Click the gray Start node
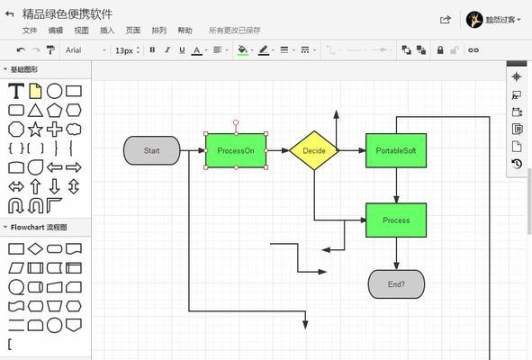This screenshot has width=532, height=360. (x=151, y=150)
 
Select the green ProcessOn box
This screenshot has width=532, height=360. (x=236, y=150)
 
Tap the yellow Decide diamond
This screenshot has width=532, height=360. (x=314, y=150)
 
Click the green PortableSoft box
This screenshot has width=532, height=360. (x=396, y=150)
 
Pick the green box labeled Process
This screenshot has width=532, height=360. (x=396, y=220)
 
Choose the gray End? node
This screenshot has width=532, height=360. (x=396, y=284)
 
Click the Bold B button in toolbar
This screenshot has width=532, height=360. (x=152, y=49)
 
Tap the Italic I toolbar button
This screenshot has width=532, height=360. (x=167, y=49)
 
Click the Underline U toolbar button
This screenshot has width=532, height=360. (x=182, y=50)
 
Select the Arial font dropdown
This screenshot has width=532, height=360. (x=86, y=50)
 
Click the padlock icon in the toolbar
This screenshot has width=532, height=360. (x=440, y=49)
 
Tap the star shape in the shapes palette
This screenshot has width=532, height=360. (x=35, y=130)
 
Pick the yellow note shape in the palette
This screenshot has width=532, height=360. (x=35, y=91)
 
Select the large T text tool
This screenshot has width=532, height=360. (x=16, y=91)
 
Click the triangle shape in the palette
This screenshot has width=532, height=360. (x=35, y=111)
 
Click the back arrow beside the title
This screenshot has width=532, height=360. (x=10, y=13)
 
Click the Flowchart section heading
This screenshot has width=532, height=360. (x=39, y=227)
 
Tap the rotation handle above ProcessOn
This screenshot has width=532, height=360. (x=236, y=122)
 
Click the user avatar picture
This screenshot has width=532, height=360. (x=474, y=20)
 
